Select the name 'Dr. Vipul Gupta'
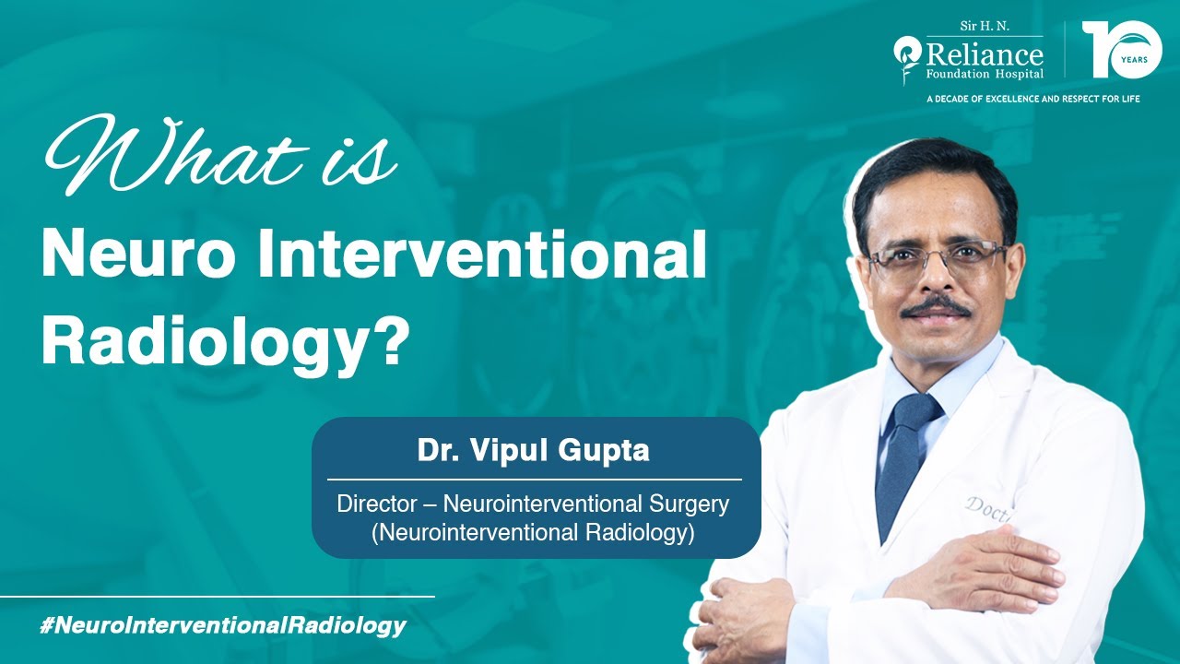534,452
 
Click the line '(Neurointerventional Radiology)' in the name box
533,532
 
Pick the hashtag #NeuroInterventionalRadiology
223,625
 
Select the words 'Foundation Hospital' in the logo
985,74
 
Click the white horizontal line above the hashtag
217,597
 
